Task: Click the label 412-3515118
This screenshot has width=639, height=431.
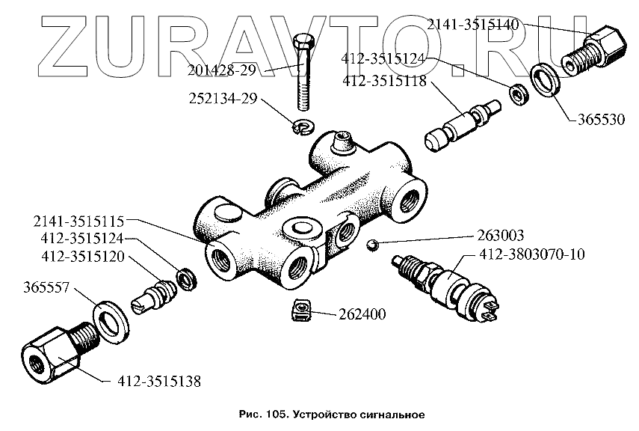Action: pos(384,81)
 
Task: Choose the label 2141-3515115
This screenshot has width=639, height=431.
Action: pos(78,222)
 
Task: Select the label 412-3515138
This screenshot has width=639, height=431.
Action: pos(158,380)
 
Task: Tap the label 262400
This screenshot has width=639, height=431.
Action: pos(360,314)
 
